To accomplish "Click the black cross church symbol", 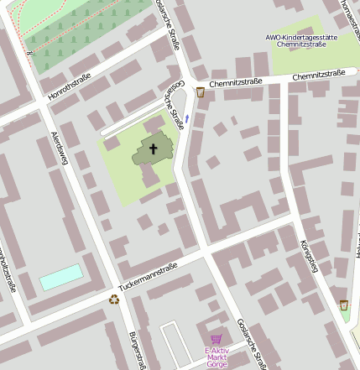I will click(x=154, y=150).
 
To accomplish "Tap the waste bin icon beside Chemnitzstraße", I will click(x=200, y=92).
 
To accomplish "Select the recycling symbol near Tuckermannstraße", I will click(x=113, y=298).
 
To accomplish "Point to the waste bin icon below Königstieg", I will click(x=344, y=305).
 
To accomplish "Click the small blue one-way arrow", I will click(x=187, y=119).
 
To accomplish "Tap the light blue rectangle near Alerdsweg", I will click(x=61, y=277).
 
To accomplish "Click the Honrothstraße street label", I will click(x=70, y=86).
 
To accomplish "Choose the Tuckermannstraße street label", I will click(x=148, y=276).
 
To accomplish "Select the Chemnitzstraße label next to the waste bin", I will click(x=236, y=82).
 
